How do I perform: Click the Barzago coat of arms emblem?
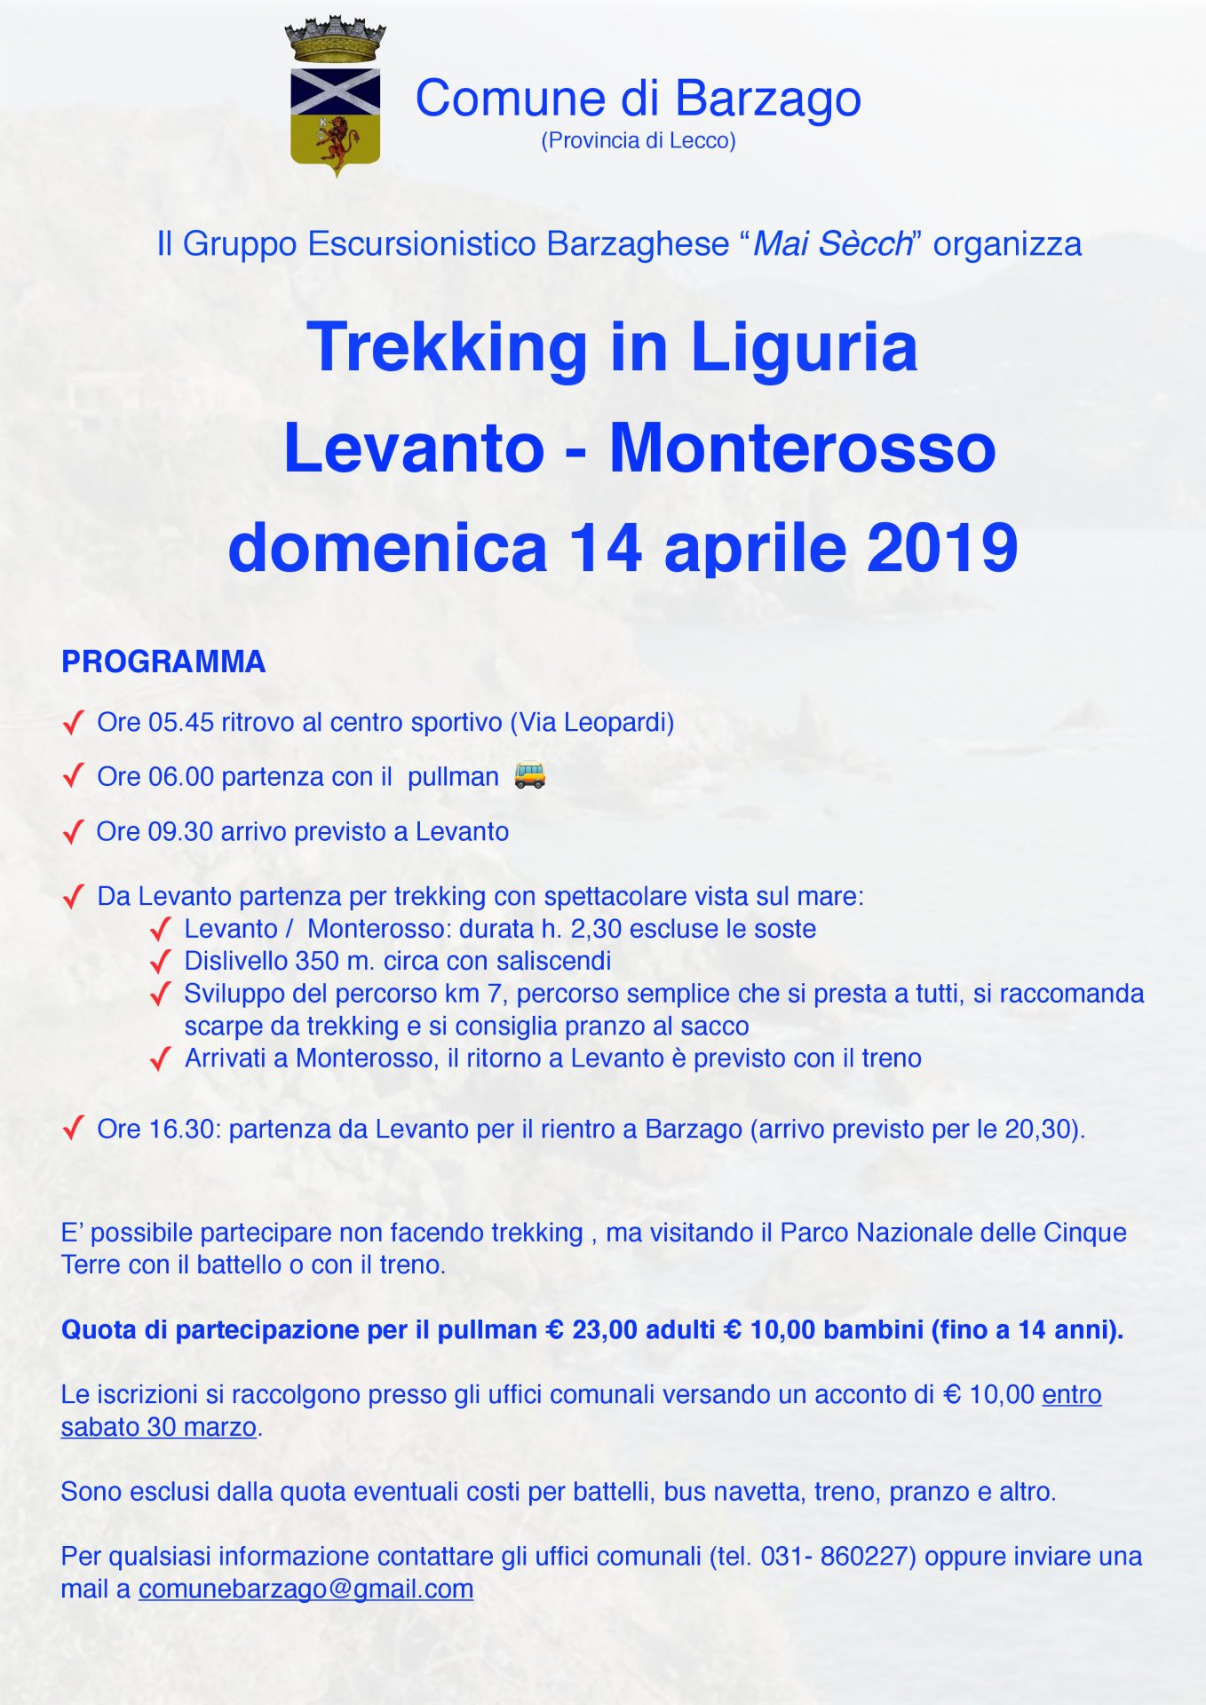click(x=335, y=98)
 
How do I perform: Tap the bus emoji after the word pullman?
click(x=530, y=775)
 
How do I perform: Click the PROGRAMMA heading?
click(x=163, y=662)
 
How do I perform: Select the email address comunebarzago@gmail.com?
click(x=305, y=1589)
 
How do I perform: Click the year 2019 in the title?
click(x=942, y=547)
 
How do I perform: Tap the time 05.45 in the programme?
click(x=181, y=722)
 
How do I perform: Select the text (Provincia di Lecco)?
click(x=639, y=140)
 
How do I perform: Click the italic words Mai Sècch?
click(x=832, y=243)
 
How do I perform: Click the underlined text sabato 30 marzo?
click(x=158, y=1427)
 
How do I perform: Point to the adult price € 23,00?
click(x=592, y=1329)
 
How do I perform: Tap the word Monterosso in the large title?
click(x=802, y=448)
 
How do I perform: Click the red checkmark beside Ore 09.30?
click(x=74, y=832)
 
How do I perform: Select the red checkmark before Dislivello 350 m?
click(x=161, y=962)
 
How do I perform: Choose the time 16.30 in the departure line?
click(x=181, y=1129)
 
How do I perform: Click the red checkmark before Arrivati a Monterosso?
click(x=161, y=1059)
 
